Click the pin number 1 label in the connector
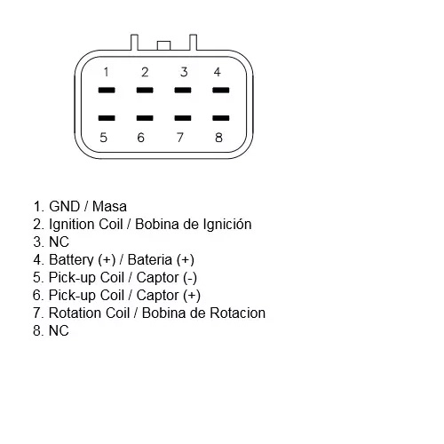(x=107, y=72)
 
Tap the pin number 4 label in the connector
(x=218, y=72)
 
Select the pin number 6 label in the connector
(x=141, y=138)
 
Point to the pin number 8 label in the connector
(x=218, y=138)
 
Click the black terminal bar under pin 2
(x=145, y=90)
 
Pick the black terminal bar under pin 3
(x=183, y=90)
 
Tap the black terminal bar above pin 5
(x=107, y=118)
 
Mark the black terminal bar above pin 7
(x=183, y=118)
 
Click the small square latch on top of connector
(x=163, y=45)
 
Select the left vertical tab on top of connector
(x=134, y=43)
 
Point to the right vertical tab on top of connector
(x=193, y=43)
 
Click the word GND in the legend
(x=65, y=207)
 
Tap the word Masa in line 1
(x=109, y=207)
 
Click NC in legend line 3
(x=59, y=242)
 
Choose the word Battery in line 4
(x=71, y=260)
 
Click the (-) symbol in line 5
(x=190, y=278)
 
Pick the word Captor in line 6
(x=157, y=296)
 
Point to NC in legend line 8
(x=59, y=330)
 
